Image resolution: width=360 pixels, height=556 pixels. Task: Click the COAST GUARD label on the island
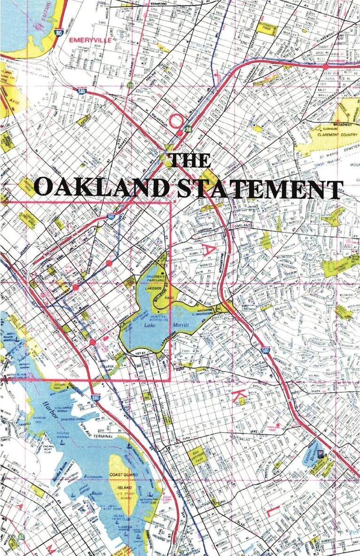click(123, 474)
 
